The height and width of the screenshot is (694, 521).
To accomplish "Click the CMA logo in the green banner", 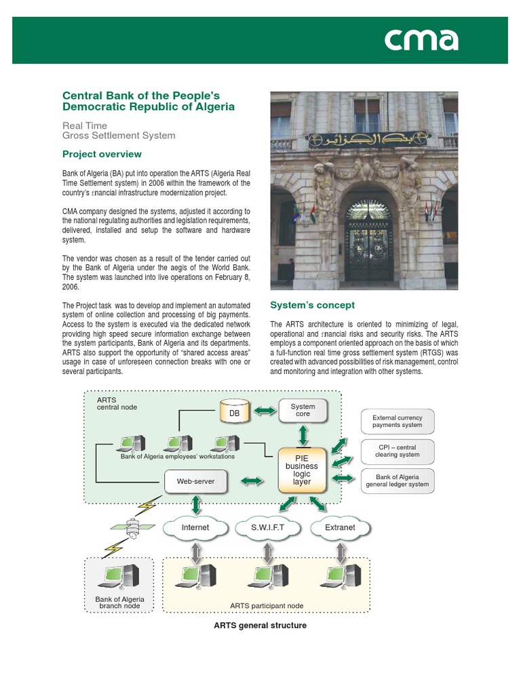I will [x=421, y=40].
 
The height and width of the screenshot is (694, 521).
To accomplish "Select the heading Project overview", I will [x=102, y=154].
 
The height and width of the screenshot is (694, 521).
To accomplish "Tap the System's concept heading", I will [x=312, y=305].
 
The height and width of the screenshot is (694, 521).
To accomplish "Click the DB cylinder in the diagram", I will [x=235, y=412].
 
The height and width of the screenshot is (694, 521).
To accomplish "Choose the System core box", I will [x=303, y=411].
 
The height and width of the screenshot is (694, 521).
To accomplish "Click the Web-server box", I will [x=195, y=481].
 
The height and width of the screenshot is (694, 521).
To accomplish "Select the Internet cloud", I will [x=195, y=527].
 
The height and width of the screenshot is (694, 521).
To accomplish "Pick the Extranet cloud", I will [x=340, y=527].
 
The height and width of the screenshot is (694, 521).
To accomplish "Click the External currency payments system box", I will [x=397, y=422].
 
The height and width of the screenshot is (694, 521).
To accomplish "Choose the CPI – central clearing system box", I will [x=397, y=451].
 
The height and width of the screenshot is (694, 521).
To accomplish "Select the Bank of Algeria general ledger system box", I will [x=397, y=481].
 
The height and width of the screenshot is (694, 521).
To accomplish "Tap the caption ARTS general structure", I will [x=260, y=626].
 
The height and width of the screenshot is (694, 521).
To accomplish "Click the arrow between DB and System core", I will [x=267, y=411].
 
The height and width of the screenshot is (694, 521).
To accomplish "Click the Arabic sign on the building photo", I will [x=363, y=140].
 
